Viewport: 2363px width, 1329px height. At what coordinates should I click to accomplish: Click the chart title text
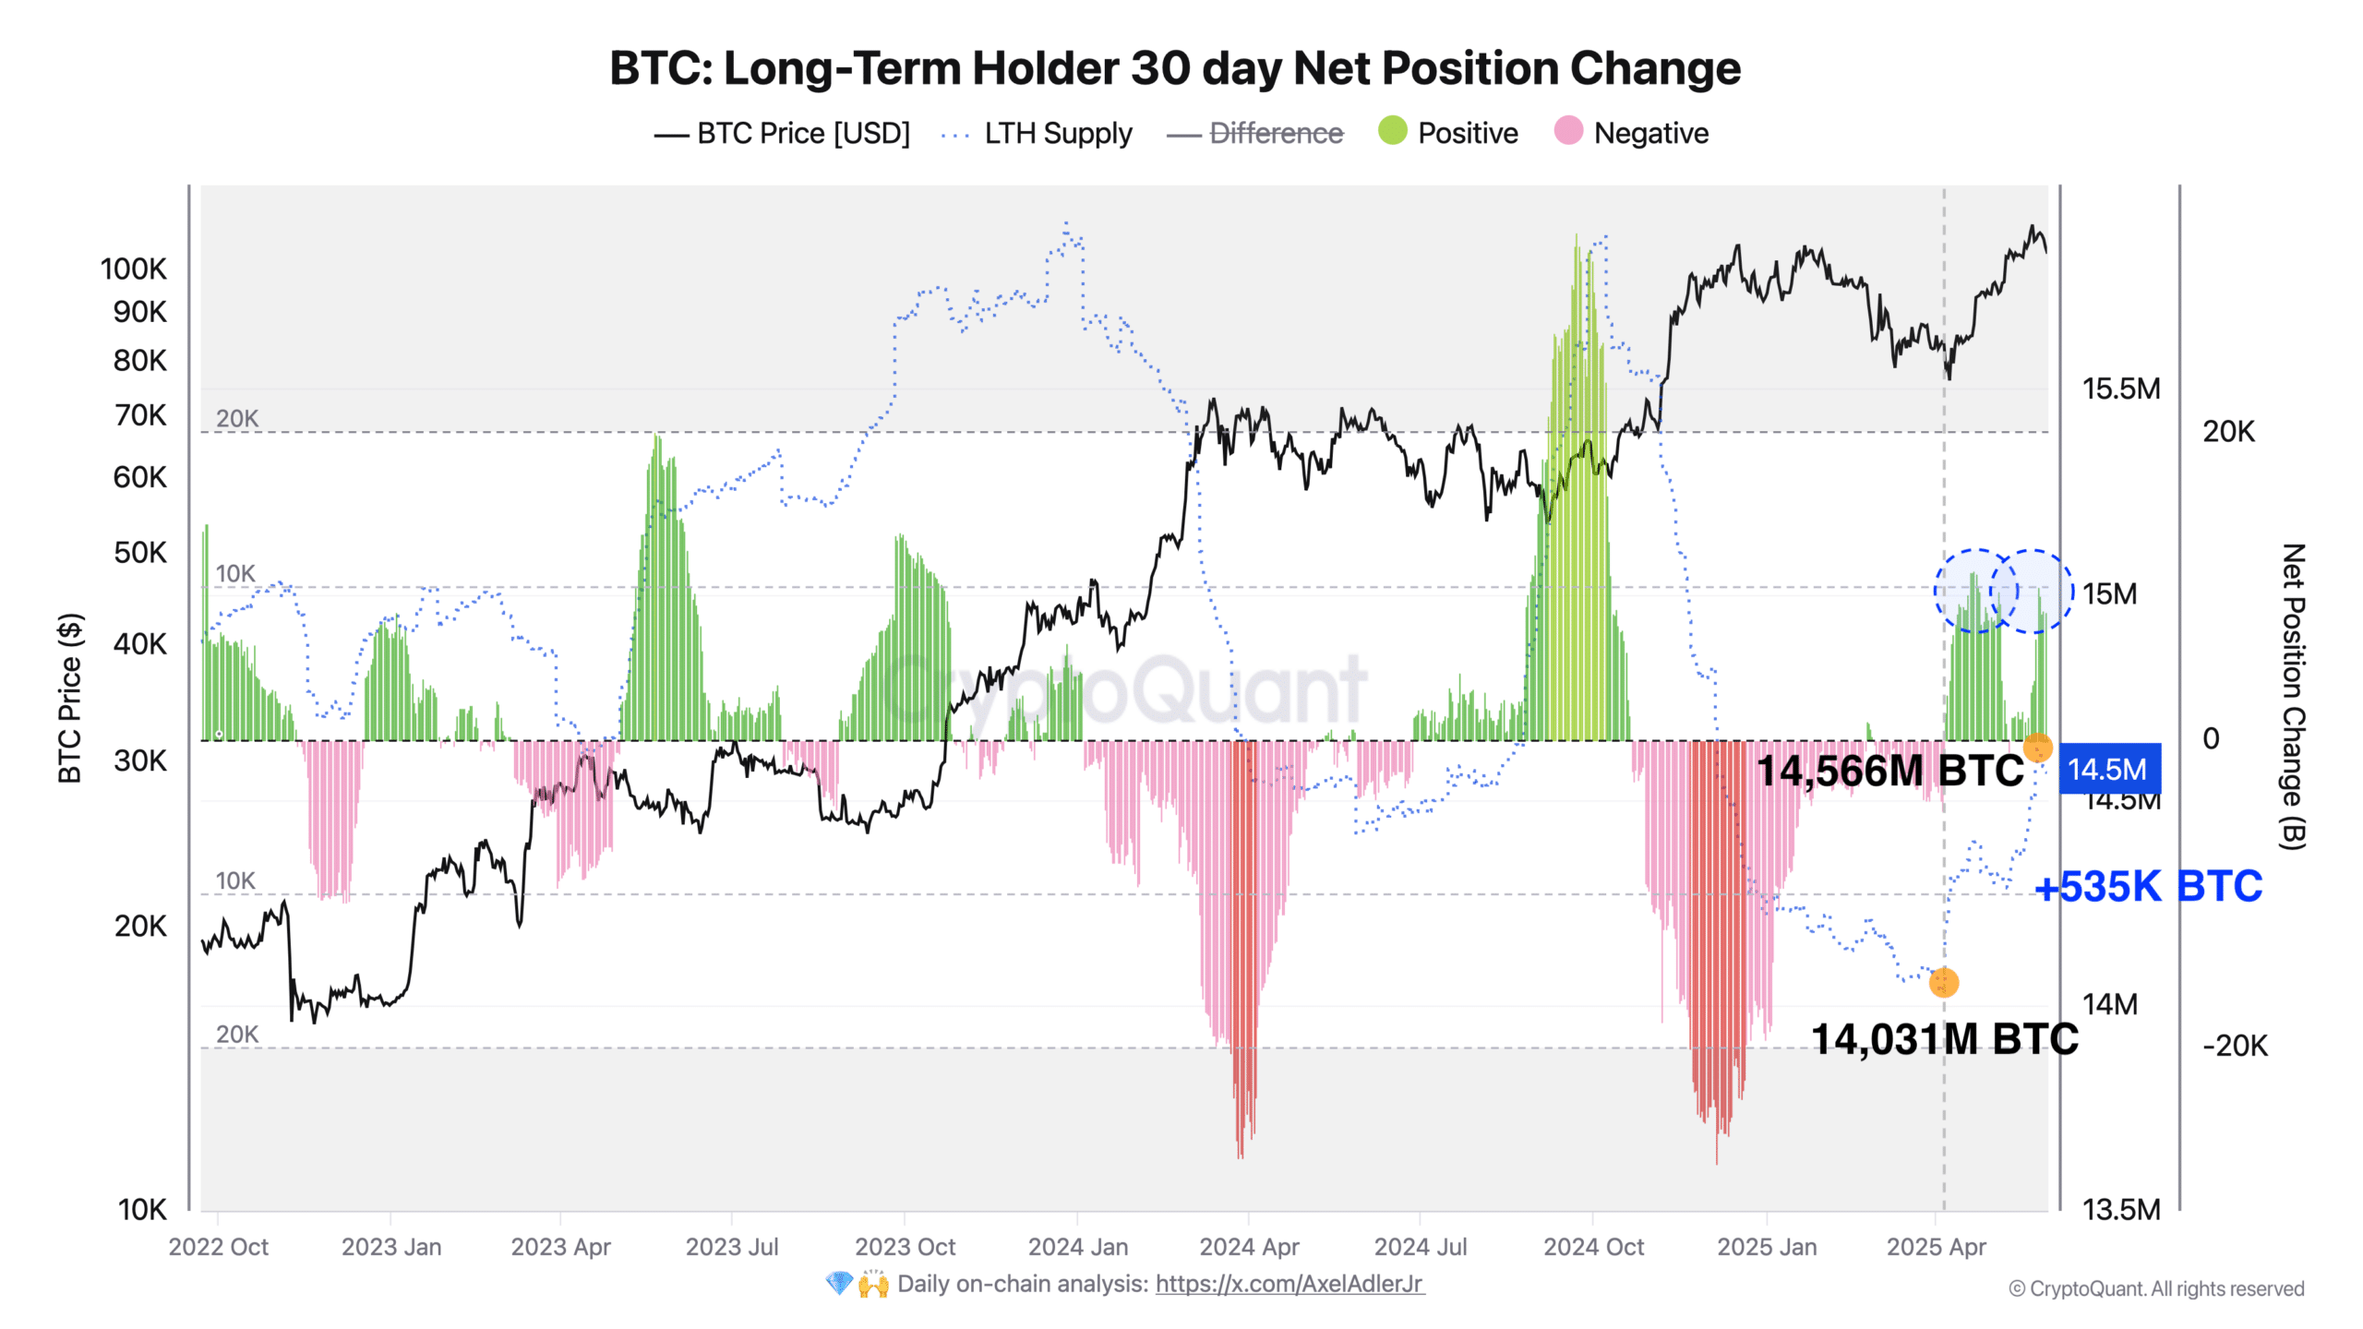click(1174, 68)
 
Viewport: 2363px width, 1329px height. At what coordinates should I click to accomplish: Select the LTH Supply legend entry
click(1057, 134)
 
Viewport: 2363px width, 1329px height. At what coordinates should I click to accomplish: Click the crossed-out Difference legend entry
click(1276, 134)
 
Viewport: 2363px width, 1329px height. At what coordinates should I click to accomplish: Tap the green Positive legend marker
click(1392, 131)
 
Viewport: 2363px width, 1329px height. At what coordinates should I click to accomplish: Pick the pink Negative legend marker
click(1567, 131)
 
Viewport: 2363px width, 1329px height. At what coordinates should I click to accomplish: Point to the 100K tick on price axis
click(134, 269)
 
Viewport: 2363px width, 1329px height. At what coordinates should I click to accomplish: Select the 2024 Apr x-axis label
click(1249, 1247)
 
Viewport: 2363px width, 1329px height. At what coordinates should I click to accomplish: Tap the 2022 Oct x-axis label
click(218, 1247)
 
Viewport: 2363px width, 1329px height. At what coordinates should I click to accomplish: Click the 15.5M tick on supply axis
click(2120, 389)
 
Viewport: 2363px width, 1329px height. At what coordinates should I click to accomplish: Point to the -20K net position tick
click(2234, 1046)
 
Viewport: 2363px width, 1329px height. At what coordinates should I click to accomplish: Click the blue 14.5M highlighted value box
click(2109, 769)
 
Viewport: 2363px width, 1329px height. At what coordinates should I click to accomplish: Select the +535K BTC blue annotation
click(2148, 887)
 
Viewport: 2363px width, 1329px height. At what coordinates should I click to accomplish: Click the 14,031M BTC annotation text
click(1944, 1039)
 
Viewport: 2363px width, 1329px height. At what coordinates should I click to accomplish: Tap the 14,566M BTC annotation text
click(1889, 771)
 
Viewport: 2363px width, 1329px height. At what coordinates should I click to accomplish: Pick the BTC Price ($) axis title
click(70, 698)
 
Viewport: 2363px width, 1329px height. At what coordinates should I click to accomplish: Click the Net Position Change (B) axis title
click(2293, 697)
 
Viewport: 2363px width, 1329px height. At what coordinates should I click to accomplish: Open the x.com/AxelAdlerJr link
click(1289, 1284)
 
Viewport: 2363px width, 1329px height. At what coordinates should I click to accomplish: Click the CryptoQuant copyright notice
click(2156, 1289)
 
